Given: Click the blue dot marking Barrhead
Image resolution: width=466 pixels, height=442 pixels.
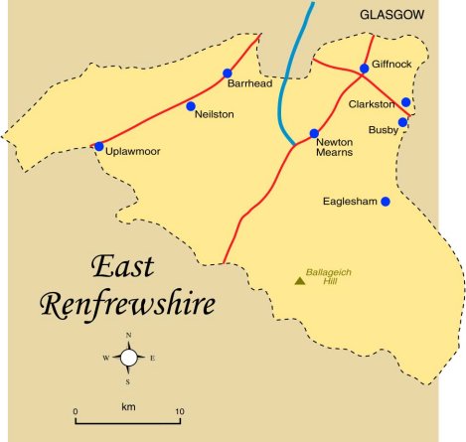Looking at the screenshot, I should click(228, 74).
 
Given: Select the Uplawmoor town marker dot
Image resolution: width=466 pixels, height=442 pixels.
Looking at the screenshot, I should click(98, 147).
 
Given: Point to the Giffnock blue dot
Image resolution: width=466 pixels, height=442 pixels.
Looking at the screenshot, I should click(365, 69).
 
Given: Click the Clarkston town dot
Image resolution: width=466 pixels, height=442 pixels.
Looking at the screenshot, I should click(405, 102).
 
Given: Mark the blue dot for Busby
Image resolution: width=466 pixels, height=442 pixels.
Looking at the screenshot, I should click(402, 123).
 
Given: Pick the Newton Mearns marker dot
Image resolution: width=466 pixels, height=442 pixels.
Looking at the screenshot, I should click(314, 133).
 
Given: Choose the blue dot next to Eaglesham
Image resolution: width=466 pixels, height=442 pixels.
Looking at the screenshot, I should click(386, 202).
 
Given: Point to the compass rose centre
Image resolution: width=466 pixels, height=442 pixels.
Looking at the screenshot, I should click(128, 358).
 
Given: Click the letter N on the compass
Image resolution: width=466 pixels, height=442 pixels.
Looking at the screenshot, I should click(128, 336).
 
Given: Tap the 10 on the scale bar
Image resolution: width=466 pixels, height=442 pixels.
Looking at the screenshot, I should click(179, 410).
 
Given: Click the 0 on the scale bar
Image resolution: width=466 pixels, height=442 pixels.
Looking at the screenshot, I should click(76, 410).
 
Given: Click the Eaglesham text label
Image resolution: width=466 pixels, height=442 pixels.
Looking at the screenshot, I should click(351, 202).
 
